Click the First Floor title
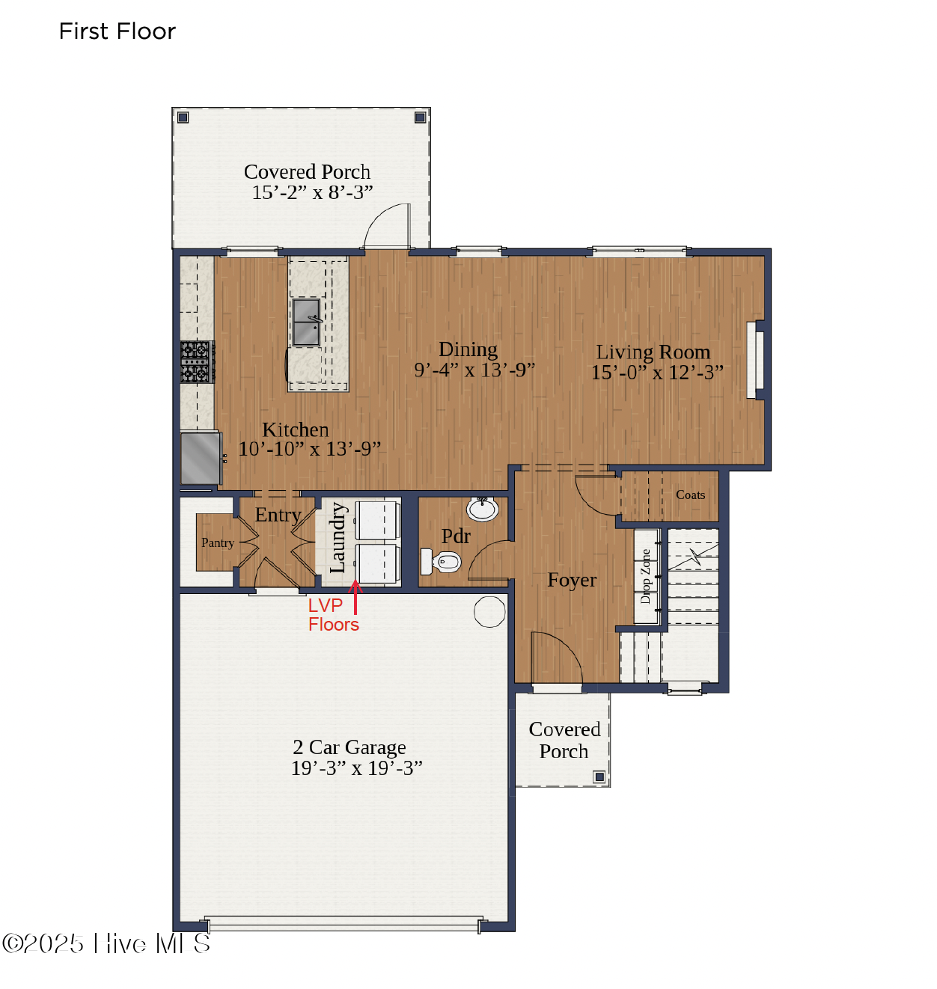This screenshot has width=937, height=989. click(117, 31)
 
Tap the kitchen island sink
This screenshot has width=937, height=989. click(306, 322)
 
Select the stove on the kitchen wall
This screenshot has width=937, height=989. click(196, 362)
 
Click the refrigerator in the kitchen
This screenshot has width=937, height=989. click(201, 458)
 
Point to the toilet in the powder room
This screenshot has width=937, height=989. click(445, 561)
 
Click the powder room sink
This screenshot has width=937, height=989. click(483, 509)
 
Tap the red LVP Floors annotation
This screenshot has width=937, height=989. click(333, 615)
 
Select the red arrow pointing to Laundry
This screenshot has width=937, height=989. click(355, 598)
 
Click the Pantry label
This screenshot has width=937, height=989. click(217, 543)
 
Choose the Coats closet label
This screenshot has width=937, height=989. click(690, 495)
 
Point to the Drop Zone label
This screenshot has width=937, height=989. click(645, 576)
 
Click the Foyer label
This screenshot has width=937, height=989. click(572, 581)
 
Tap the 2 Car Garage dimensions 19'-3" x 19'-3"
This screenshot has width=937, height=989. click(356, 768)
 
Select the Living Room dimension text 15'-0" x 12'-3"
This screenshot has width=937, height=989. click(656, 373)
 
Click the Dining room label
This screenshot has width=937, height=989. click(468, 349)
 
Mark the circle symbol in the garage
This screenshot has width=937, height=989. click(489, 611)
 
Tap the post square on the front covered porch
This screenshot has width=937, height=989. click(599, 777)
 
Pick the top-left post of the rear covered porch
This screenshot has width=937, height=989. click(183, 117)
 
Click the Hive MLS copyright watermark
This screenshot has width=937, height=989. click(106, 943)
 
